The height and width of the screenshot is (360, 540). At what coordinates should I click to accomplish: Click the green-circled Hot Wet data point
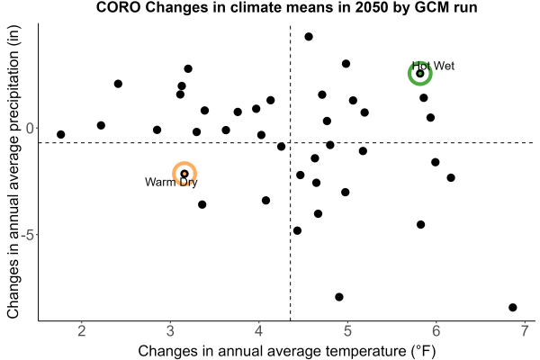pyautogui.click(x=419, y=74)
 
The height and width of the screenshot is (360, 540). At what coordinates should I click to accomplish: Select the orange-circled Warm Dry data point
pyautogui.click(x=184, y=174)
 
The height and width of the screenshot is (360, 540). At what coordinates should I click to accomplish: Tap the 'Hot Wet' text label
pyautogui.click(x=433, y=66)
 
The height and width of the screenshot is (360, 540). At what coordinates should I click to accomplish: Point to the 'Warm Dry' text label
pyautogui.click(x=171, y=182)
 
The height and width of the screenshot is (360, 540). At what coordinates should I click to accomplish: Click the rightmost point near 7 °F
pyautogui.click(x=512, y=307)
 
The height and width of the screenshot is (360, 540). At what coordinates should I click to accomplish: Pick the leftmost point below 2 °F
pyautogui.click(x=61, y=134)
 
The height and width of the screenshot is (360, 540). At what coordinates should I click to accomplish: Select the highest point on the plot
pyautogui.click(x=309, y=37)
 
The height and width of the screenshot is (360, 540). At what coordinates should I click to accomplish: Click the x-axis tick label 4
pyautogui.click(x=259, y=331)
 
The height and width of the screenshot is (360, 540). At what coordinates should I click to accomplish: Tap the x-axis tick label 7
pyautogui.click(x=525, y=331)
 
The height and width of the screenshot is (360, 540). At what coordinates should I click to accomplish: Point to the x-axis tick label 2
pyautogui.click(x=82, y=331)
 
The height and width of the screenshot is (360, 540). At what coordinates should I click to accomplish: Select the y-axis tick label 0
pyautogui.click(x=30, y=128)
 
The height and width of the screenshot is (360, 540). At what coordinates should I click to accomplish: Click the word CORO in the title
pyautogui.click(x=119, y=7)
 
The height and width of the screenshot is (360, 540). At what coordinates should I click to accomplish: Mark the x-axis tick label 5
pyautogui.click(x=347, y=331)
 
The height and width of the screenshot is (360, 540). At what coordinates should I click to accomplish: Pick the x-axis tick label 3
pyautogui.click(x=170, y=331)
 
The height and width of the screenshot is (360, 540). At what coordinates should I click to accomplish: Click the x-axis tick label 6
pyautogui.click(x=436, y=331)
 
